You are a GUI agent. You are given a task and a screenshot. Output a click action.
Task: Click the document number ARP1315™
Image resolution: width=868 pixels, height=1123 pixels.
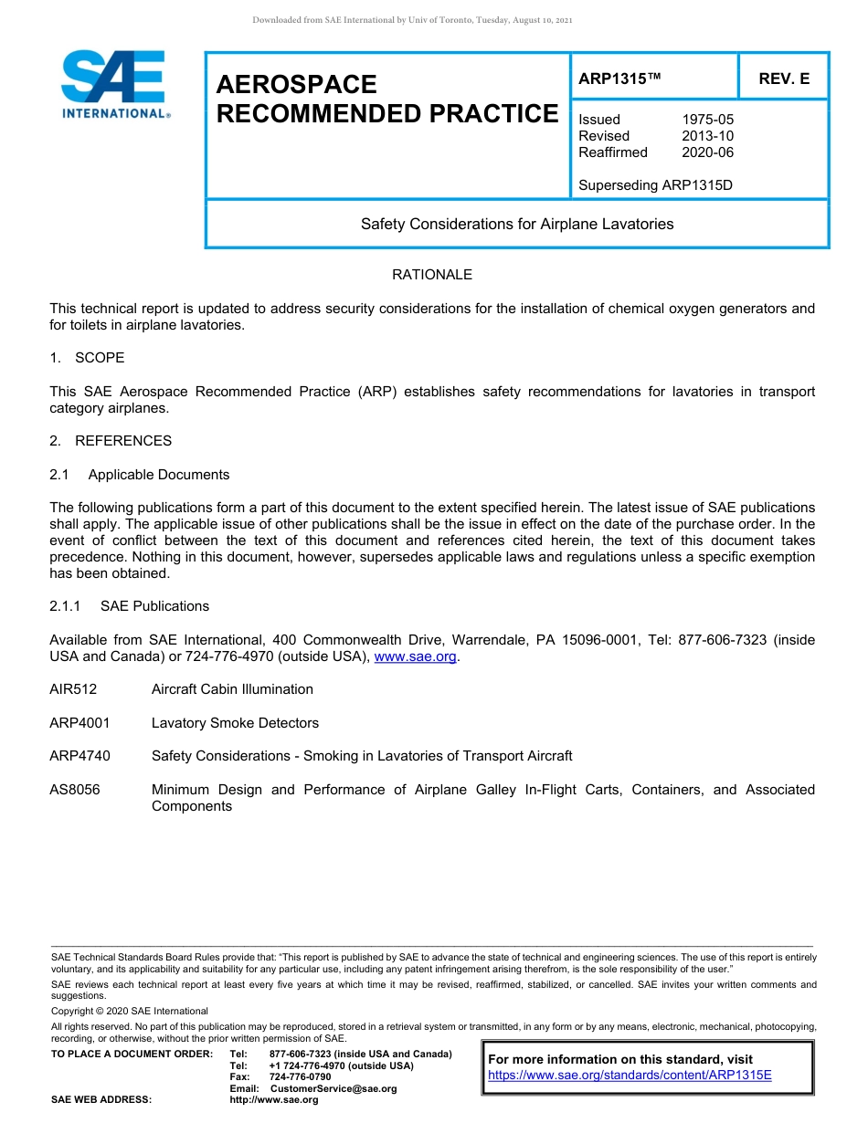click(x=619, y=79)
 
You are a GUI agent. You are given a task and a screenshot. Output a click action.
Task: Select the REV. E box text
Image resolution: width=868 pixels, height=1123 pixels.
click(x=784, y=79)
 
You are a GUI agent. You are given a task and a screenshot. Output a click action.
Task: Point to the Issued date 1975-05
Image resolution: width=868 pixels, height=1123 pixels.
click(x=707, y=120)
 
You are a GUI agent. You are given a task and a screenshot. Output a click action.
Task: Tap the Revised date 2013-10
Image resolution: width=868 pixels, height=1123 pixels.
click(x=707, y=136)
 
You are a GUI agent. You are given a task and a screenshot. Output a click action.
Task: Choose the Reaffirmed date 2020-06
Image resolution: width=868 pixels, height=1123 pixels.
click(x=707, y=152)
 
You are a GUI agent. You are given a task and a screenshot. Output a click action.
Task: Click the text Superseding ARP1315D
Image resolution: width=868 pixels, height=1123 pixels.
click(x=655, y=185)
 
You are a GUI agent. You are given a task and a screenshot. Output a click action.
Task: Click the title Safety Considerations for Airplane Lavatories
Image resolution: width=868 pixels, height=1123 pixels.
click(x=517, y=224)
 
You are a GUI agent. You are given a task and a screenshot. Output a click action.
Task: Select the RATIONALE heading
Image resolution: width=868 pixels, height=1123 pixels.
click(x=432, y=275)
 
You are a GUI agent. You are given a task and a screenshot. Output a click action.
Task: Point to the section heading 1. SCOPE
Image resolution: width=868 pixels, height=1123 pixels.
click(x=87, y=358)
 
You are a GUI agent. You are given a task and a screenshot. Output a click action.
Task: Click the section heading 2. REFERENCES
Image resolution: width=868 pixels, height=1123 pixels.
click(x=111, y=441)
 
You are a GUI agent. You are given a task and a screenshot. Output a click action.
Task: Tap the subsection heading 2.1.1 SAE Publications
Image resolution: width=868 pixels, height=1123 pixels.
click(x=129, y=606)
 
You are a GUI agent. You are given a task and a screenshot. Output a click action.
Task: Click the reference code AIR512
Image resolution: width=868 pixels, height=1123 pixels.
click(x=73, y=689)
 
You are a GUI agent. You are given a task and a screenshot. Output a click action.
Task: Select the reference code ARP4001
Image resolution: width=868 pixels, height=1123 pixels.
click(x=79, y=723)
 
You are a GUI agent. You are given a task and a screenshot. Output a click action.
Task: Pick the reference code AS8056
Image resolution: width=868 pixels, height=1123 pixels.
click(x=75, y=790)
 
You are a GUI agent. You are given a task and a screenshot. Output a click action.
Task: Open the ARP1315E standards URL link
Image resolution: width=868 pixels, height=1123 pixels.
click(x=630, y=1075)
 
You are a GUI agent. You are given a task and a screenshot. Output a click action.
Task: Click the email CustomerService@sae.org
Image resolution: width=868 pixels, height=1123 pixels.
click(x=333, y=1088)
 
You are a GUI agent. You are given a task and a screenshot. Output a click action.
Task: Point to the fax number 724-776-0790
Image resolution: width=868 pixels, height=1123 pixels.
click(x=300, y=1077)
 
